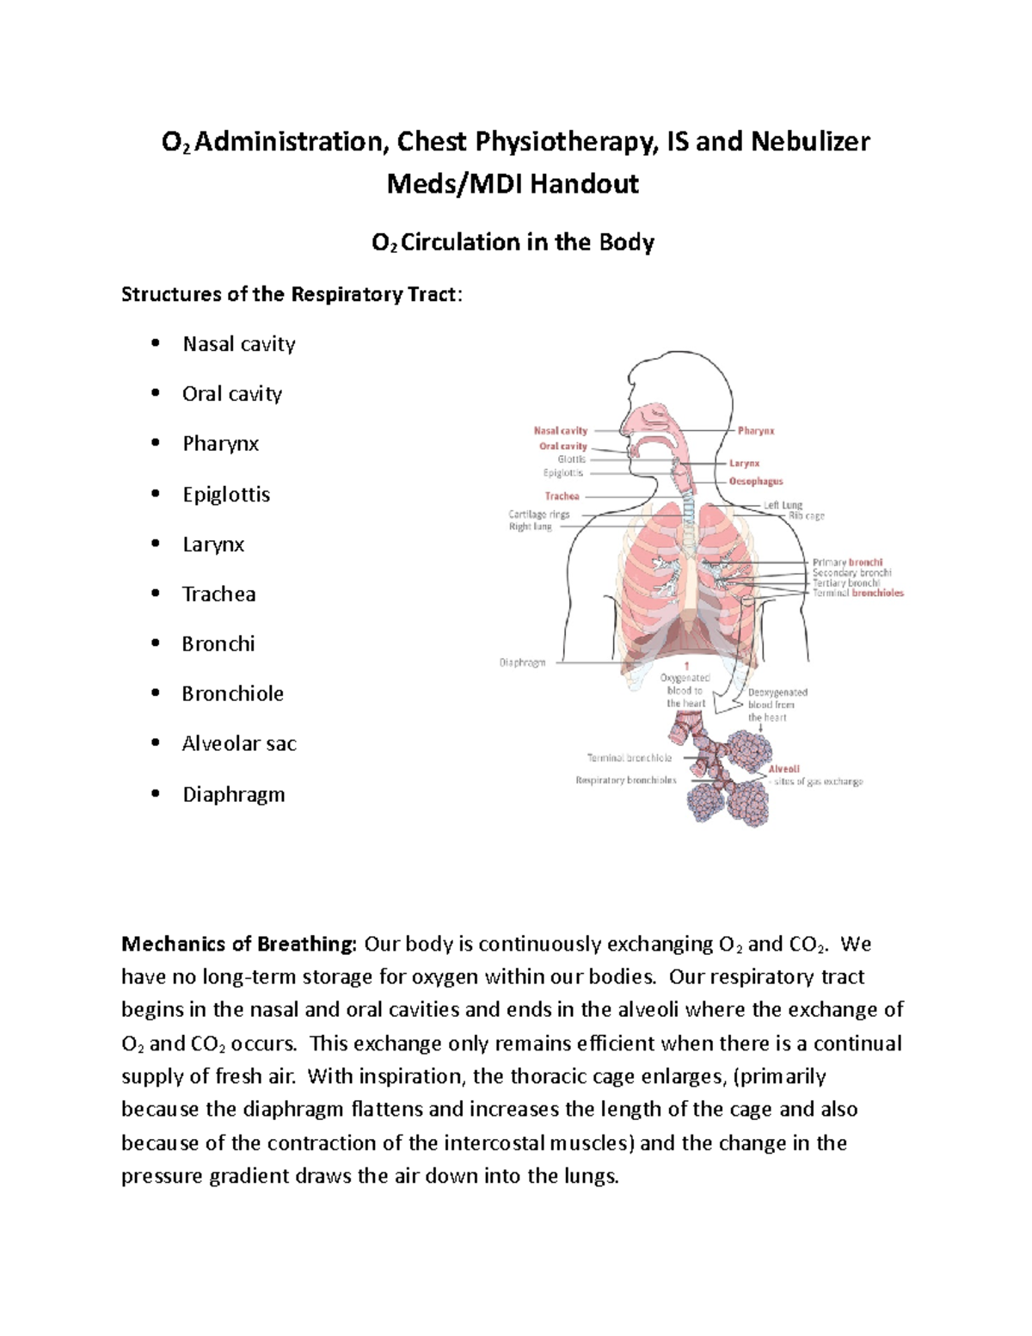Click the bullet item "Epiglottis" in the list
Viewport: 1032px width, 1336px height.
(x=226, y=495)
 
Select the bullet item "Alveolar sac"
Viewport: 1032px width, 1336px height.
(x=239, y=744)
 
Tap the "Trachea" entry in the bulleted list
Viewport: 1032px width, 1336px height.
(x=218, y=594)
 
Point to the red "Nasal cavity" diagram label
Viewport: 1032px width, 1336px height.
(x=561, y=431)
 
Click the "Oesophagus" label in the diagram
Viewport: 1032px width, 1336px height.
(x=756, y=482)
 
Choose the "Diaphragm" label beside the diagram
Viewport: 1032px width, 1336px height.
(x=522, y=663)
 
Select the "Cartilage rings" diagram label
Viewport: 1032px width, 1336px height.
(x=539, y=514)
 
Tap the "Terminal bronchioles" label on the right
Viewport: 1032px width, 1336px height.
(x=857, y=593)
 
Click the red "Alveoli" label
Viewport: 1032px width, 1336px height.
(x=783, y=769)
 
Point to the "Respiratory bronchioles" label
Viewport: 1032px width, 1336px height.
(x=626, y=780)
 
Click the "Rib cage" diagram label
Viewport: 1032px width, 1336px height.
(x=807, y=516)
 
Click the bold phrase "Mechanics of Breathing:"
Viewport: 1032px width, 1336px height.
(x=239, y=945)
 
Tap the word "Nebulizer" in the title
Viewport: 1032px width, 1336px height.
(x=810, y=142)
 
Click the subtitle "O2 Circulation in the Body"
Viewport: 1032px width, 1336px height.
(x=513, y=243)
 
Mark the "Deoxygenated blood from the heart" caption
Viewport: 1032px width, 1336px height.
(x=777, y=705)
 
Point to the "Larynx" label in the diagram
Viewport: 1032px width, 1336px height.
(x=744, y=464)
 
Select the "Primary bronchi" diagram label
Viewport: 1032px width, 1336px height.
(x=847, y=563)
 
